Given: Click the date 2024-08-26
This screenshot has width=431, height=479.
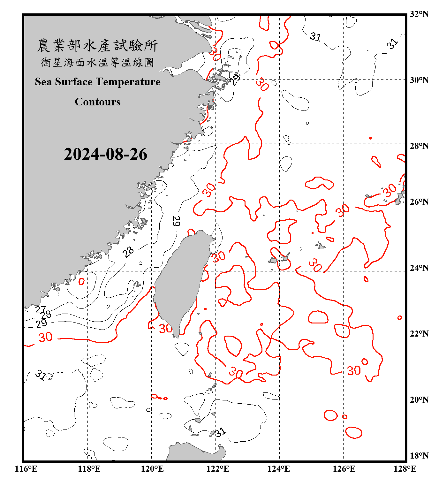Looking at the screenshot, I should click(x=105, y=154).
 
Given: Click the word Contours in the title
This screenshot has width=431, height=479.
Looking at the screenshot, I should click(x=97, y=102).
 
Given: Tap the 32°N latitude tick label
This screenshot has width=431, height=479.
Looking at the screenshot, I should click(x=419, y=14).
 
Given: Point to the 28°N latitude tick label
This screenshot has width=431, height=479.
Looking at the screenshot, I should click(x=419, y=146).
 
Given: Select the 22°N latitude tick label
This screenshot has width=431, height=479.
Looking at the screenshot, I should click(x=419, y=334).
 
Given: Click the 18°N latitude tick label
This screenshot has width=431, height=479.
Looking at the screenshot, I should click(x=419, y=456).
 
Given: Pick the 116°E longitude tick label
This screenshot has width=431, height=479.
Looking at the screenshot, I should click(x=26, y=469).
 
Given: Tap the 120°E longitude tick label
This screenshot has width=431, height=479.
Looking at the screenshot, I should click(x=152, y=469).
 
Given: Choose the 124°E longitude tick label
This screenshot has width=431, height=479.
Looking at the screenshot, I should click(x=279, y=469).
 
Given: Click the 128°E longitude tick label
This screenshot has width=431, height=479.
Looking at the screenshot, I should click(x=405, y=469).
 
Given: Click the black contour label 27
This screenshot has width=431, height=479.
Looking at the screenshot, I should click(x=40, y=309).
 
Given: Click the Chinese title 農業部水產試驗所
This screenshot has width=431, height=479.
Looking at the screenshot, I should click(x=97, y=46).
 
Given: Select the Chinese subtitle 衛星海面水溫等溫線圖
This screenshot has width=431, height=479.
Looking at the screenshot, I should click(x=97, y=62).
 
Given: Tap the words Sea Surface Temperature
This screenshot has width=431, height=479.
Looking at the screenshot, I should click(x=97, y=82).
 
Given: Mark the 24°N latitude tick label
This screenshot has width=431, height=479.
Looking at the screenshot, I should click(x=419, y=268).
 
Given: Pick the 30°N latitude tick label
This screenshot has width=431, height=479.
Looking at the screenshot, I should click(x=419, y=80).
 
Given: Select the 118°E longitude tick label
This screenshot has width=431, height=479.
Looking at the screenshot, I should click(x=89, y=469).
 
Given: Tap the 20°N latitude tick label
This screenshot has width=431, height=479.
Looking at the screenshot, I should click(x=419, y=399).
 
